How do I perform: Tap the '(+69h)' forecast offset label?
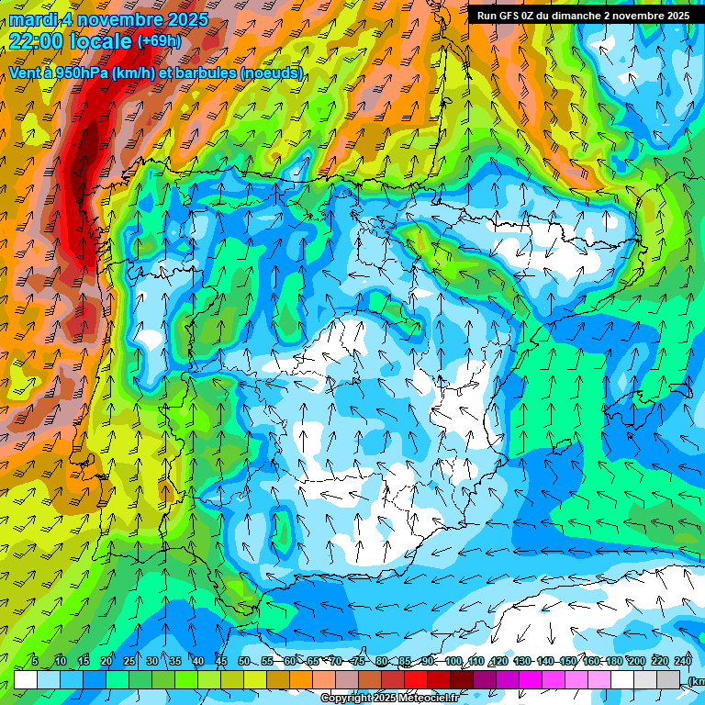click(159, 41)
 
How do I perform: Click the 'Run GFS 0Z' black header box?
click(583, 15)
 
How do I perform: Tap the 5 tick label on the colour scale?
click(35, 662)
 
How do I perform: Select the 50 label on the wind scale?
click(243, 662)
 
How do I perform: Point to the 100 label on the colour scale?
click(453, 662)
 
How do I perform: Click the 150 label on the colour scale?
click(567, 662)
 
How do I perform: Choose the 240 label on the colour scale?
click(682, 662)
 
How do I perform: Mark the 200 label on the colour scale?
click(636, 662)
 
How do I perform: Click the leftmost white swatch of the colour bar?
click(26, 680)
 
